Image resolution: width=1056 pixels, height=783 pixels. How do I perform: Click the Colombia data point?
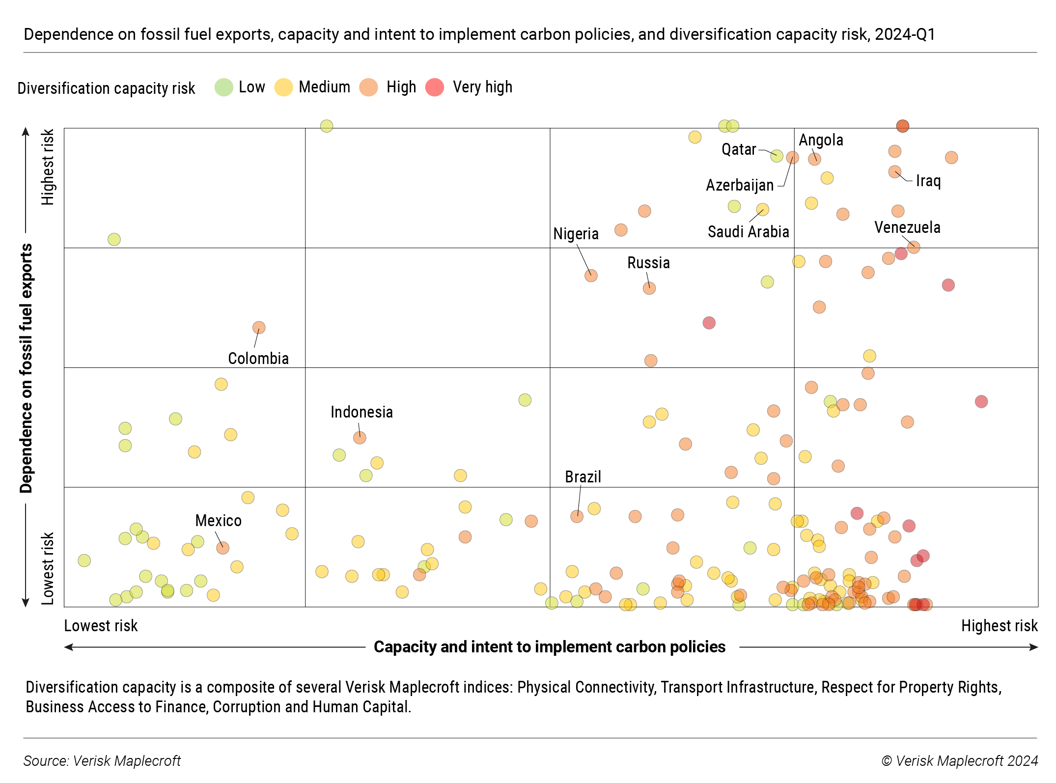point(259,328)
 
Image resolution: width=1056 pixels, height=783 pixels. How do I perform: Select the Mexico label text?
point(218,521)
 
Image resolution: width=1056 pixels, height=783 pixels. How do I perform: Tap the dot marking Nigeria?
point(591,276)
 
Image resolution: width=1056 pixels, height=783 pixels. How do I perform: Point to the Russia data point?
point(649,288)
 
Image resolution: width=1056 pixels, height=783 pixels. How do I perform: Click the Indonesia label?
point(361,412)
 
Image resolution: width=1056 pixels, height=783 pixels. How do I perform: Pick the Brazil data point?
point(577,516)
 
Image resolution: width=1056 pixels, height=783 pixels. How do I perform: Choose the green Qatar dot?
point(777,156)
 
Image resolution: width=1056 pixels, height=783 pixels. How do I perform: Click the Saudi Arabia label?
point(748,232)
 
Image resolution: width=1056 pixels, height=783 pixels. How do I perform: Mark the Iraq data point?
point(895,172)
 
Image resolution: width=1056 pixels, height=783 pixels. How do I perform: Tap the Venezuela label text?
point(907,227)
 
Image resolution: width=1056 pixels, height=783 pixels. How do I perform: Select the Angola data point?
point(814,159)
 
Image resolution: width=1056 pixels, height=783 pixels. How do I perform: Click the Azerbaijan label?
point(740,185)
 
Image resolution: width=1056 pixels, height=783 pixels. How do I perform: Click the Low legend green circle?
point(224,87)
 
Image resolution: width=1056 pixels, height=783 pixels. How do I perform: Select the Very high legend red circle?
point(435,87)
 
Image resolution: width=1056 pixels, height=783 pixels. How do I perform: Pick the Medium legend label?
point(324,87)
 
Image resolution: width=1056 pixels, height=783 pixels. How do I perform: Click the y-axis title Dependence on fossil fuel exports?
point(26,368)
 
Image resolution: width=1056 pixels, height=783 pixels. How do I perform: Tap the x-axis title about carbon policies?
point(549,647)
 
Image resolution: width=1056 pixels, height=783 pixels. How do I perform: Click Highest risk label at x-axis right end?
point(999,626)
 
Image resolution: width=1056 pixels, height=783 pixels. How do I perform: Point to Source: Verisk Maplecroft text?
point(102,761)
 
